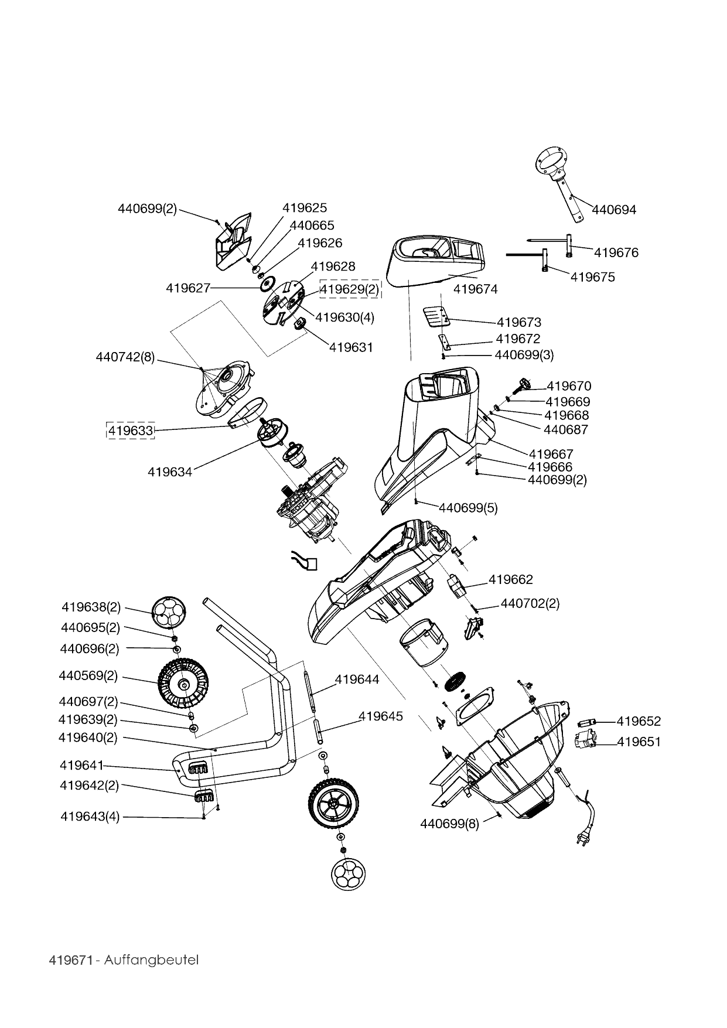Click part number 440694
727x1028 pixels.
pyautogui.click(x=613, y=210)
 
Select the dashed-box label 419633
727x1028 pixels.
pyautogui.click(x=130, y=431)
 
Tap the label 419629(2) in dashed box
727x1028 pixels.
pyautogui.click(x=350, y=289)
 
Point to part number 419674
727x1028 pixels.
pyautogui.click(x=475, y=289)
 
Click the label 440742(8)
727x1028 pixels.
pyautogui.click(x=125, y=357)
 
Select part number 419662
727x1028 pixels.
pyautogui.click(x=511, y=579)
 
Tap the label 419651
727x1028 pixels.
pyautogui.click(x=639, y=742)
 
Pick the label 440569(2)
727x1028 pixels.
pyautogui.click(x=88, y=675)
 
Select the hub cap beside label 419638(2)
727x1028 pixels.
pyautogui.click(x=168, y=612)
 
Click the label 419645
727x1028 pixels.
pyautogui.click(x=381, y=716)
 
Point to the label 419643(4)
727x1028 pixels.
pyautogui.click(x=90, y=817)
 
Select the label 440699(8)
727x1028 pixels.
pyautogui.click(x=449, y=824)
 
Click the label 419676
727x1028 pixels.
pyautogui.click(x=616, y=252)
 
